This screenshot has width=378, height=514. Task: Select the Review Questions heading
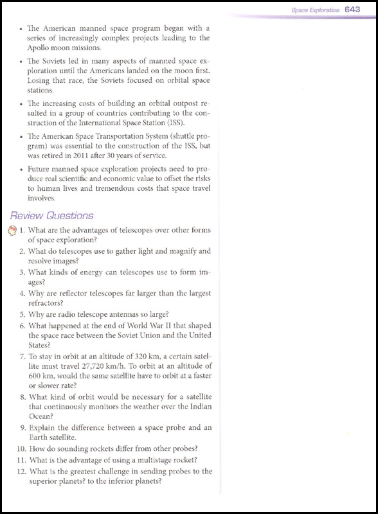click(x=56, y=216)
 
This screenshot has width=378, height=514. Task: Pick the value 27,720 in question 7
click(x=82, y=365)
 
